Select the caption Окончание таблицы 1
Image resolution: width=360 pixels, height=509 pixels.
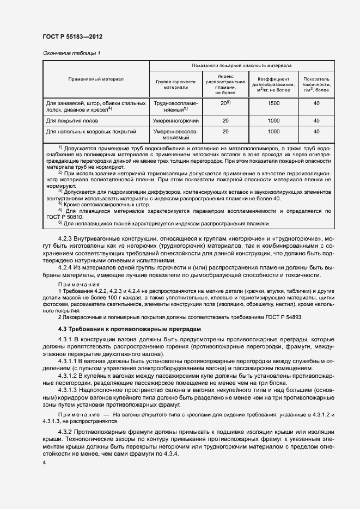(x=71, y=53)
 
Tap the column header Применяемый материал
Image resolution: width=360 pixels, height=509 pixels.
(x=96, y=79)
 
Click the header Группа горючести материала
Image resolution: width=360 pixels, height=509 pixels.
(x=176, y=83)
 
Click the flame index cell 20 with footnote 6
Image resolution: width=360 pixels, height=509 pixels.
(x=225, y=103)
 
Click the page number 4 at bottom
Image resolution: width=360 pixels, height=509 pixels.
(x=44, y=462)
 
